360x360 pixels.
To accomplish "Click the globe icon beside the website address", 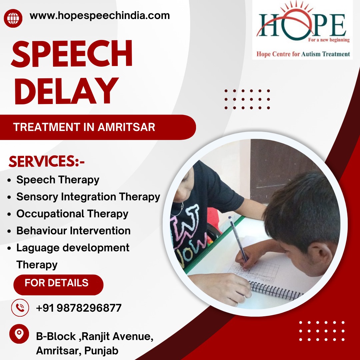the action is click(x=13, y=18).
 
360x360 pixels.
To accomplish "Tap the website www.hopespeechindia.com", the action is click(x=100, y=16).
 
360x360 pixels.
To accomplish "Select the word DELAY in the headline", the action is click(x=66, y=91).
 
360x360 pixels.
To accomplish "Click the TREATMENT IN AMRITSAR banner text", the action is click(x=84, y=127).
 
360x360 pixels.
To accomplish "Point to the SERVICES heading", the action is click(x=47, y=161).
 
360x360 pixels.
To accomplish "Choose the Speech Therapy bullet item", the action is click(x=58, y=180).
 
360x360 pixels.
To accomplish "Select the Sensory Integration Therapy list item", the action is click(x=88, y=197).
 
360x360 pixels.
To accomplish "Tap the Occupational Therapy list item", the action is click(x=72, y=214).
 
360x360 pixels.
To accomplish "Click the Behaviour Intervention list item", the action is click(x=73, y=231).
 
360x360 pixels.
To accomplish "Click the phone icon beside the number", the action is click(x=20, y=308).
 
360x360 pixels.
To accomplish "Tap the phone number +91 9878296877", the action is click(x=79, y=308).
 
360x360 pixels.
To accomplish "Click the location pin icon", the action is click(x=19, y=334).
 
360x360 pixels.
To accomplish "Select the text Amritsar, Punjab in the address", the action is click(x=77, y=351).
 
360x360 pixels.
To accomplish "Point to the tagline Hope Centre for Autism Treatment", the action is click(x=303, y=54).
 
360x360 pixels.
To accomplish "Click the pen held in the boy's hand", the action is click(x=238, y=239).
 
